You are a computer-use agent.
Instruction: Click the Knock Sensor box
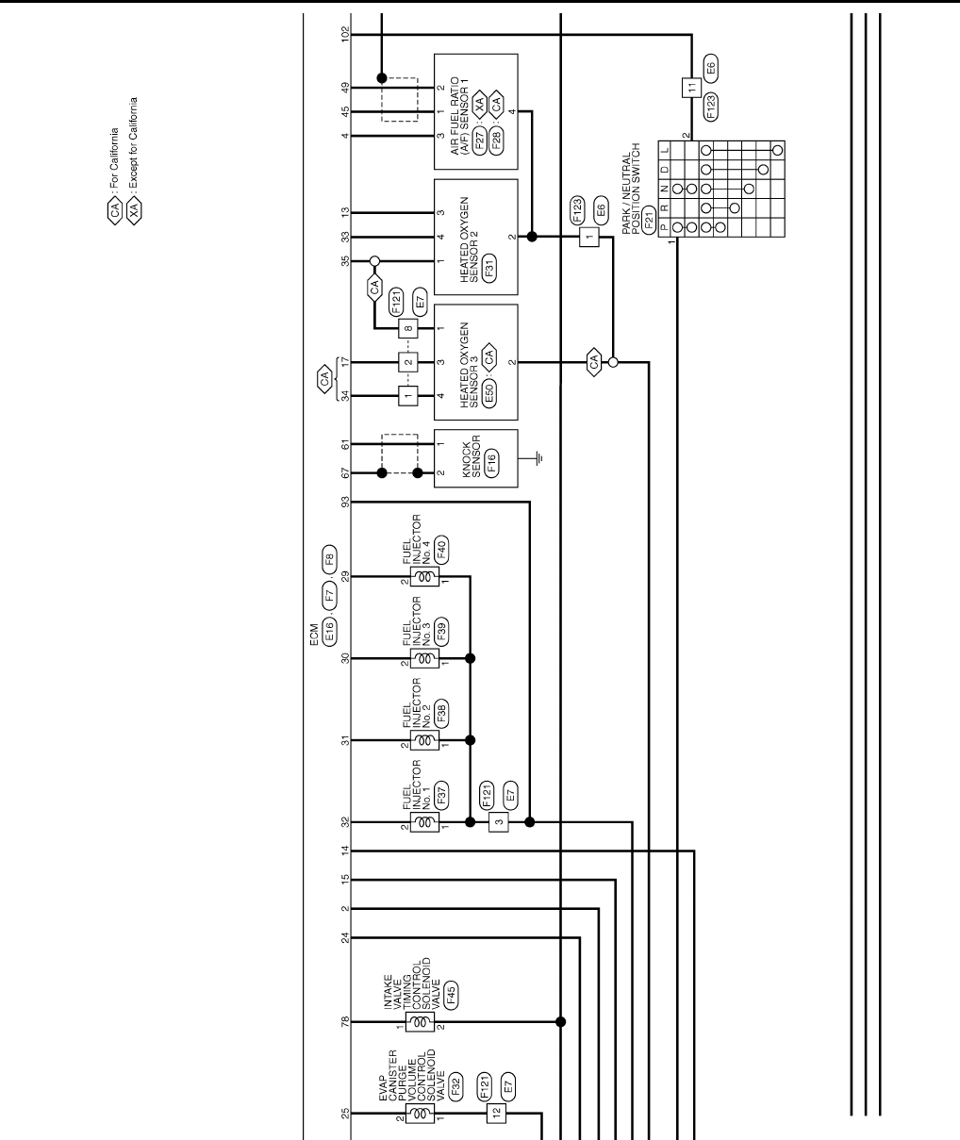point(475,458)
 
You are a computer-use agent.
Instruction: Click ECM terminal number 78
point(346,1021)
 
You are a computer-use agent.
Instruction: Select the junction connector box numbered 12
point(497,1114)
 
